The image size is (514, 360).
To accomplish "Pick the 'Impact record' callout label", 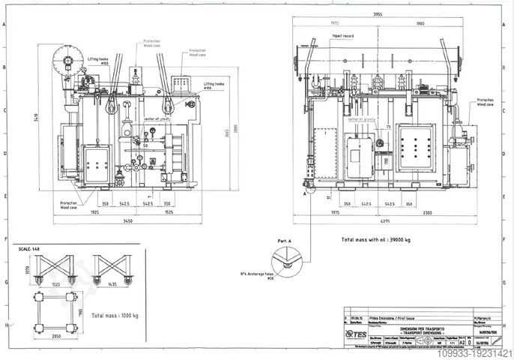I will pos(343,34).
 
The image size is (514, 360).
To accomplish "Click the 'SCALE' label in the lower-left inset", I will pos(28,247).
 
